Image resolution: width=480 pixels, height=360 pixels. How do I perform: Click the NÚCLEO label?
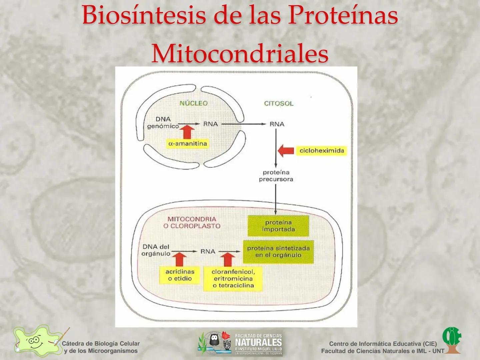[x=193, y=103]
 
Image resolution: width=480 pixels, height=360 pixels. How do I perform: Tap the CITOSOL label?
[x=279, y=103]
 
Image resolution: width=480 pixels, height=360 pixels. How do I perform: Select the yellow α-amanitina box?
[x=188, y=144]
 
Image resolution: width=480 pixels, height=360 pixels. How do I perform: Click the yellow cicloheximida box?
[x=322, y=151]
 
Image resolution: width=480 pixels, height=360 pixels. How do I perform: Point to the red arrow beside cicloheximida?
[x=286, y=151]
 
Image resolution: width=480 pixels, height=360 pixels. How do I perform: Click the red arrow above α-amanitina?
[x=188, y=132]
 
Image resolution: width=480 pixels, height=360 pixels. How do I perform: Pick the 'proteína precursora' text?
[x=276, y=176]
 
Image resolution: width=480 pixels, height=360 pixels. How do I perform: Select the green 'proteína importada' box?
[x=278, y=226]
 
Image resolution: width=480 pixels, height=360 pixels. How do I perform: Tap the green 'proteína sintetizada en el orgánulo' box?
[x=278, y=252]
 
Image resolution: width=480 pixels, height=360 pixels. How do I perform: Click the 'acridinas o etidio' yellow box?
[x=180, y=275]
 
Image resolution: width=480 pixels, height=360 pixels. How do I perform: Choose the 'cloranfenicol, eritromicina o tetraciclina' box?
[x=233, y=279]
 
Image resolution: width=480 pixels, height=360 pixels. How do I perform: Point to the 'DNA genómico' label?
[x=163, y=123]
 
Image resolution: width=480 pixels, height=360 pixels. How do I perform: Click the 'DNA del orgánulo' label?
[x=156, y=250]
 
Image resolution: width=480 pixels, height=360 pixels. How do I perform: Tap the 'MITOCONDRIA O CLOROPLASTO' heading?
[x=192, y=222]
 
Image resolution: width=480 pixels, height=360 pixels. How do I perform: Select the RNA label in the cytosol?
[x=277, y=124]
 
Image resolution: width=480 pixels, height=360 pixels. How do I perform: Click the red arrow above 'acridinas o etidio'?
[x=180, y=259]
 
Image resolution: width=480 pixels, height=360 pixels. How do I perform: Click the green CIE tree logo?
[x=452, y=340]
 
